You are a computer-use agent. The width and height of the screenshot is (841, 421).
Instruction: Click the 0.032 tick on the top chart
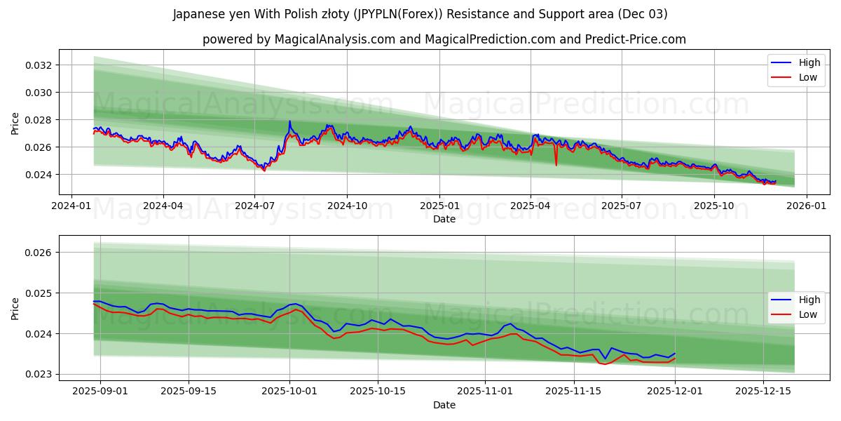point(38,65)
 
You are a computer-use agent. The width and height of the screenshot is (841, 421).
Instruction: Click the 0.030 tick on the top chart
point(38,93)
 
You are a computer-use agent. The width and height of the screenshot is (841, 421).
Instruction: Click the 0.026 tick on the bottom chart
point(38,253)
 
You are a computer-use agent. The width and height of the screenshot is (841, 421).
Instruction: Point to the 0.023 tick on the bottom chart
point(38,374)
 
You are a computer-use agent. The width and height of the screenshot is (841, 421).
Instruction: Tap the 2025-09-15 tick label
point(189,392)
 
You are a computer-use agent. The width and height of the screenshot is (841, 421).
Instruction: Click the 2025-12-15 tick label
point(763,392)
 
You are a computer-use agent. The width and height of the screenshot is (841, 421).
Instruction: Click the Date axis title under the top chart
point(444,219)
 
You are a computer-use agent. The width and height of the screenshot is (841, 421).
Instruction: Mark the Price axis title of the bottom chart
point(15,308)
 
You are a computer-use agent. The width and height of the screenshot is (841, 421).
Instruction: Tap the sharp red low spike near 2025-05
point(556,165)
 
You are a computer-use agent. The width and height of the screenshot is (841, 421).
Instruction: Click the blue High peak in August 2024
point(289,121)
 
